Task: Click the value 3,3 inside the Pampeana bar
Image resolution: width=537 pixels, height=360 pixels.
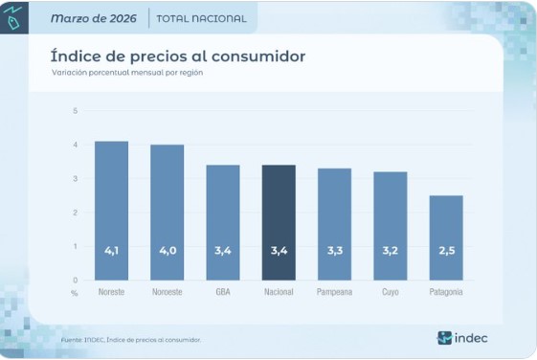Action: (334, 250)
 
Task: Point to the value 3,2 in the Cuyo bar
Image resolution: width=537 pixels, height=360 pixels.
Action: (390, 250)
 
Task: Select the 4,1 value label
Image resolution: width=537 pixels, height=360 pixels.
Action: (111, 250)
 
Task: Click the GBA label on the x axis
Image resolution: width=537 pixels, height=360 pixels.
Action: (223, 291)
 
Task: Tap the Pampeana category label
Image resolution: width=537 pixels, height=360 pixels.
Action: (334, 291)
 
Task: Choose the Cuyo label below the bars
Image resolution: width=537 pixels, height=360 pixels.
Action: (390, 291)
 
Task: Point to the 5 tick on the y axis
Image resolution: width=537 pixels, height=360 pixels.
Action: (75, 111)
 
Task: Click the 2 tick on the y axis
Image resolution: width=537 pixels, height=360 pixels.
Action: (75, 213)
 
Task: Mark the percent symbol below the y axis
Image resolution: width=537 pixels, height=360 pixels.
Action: (75, 291)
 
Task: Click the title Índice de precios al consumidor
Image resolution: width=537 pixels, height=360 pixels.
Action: (178, 56)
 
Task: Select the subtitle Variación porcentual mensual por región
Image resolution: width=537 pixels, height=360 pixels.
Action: (127, 73)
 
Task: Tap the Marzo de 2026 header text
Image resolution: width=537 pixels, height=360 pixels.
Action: (93, 18)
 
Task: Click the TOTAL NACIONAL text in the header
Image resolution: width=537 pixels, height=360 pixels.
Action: (201, 18)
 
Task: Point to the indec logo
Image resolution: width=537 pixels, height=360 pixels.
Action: (463, 337)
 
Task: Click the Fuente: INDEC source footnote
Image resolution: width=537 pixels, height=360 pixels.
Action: (130, 339)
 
